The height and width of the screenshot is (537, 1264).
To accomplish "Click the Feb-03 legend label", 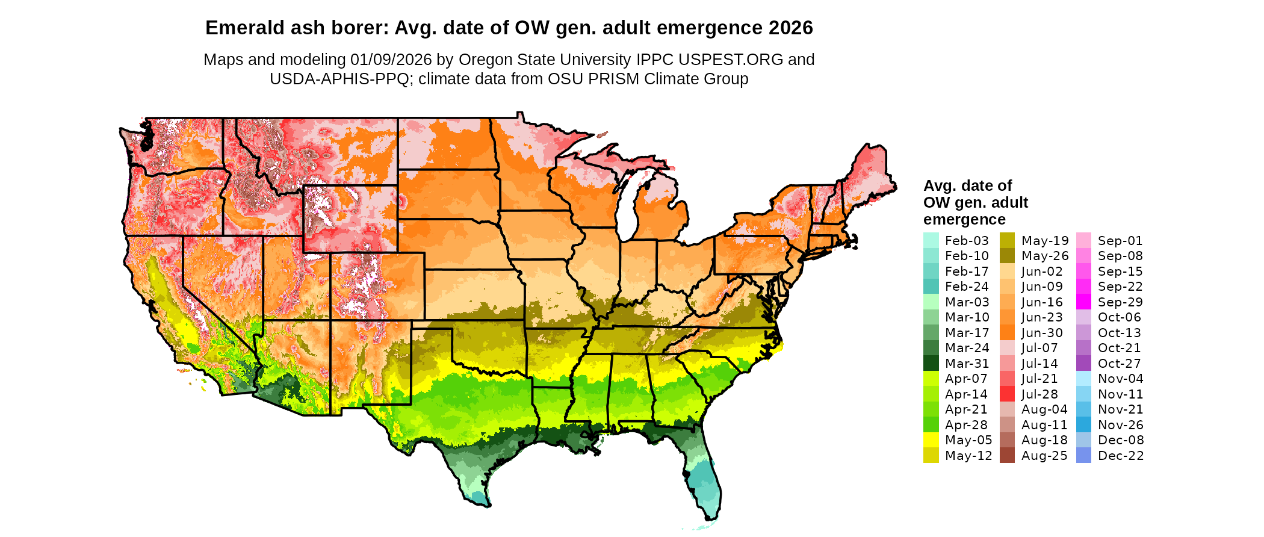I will [967, 241].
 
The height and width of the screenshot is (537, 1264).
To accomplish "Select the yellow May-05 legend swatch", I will [931, 440].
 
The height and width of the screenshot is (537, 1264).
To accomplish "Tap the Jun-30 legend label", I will [1042, 333].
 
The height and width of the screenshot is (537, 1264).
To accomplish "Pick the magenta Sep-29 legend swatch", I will [1083, 302].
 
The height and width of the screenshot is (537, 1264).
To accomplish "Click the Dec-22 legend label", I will [1121, 456].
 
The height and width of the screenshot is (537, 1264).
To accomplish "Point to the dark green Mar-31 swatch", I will [931, 364].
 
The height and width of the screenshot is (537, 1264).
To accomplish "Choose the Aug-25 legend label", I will [1044, 456].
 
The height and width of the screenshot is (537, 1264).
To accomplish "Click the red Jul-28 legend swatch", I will [1007, 394].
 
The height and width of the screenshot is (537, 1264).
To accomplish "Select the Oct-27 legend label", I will [1120, 364].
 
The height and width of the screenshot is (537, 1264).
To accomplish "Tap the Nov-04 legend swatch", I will [1083, 379].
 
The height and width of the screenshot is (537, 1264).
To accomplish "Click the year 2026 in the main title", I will [790, 28].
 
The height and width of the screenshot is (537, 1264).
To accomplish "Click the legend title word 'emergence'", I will [964, 219].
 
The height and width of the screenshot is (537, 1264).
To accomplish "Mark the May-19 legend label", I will [1045, 241].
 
